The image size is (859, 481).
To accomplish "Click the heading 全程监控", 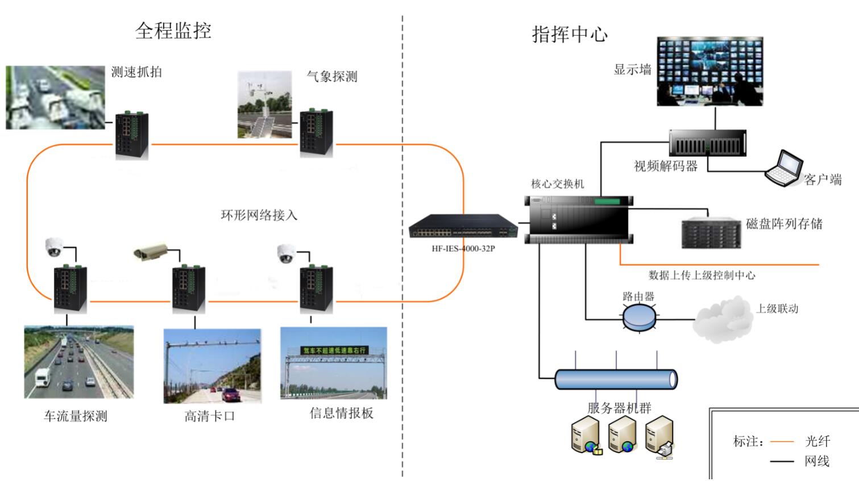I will [173, 31].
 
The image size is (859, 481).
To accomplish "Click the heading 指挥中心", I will [570, 34].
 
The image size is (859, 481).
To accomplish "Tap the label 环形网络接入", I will [259, 215].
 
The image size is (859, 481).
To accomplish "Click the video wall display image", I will [709, 72].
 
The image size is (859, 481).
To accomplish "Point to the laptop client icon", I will [783, 169].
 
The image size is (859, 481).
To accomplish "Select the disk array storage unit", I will [711, 233].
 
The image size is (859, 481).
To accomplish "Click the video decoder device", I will [708, 143].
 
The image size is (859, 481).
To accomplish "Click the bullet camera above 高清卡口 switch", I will [151, 252].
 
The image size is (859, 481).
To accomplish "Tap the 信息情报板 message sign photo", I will [334, 363].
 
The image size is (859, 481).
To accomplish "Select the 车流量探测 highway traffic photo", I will [78, 362].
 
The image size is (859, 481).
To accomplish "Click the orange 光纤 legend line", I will [781, 441].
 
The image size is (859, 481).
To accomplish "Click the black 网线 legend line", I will [781, 461].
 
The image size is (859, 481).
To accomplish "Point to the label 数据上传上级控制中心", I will [702, 275].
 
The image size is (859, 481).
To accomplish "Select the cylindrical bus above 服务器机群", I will [616, 379].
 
